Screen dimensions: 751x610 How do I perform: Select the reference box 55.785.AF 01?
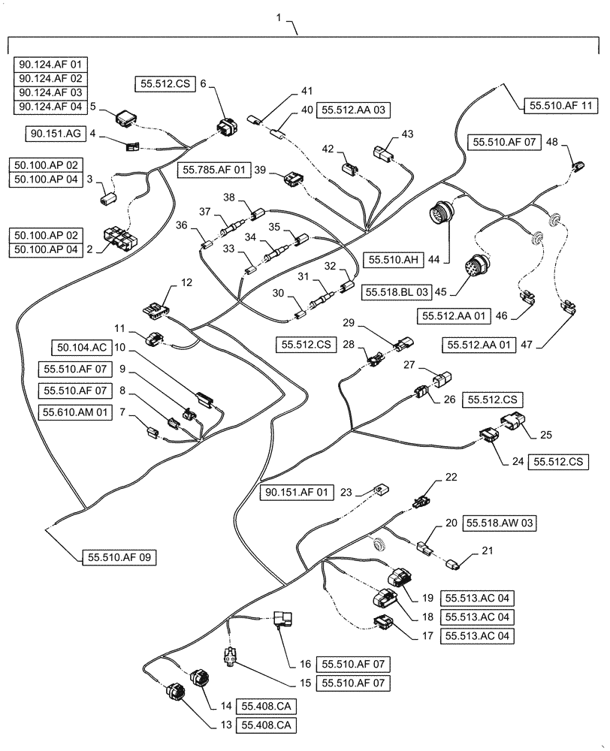(x=214, y=170)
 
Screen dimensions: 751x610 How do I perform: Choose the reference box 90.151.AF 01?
(x=297, y=493)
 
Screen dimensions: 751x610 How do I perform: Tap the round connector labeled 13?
(x=177, y=691)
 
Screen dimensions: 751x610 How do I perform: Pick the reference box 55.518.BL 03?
(x=397, y=290)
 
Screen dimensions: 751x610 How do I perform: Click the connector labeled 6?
(x=224, y=127)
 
